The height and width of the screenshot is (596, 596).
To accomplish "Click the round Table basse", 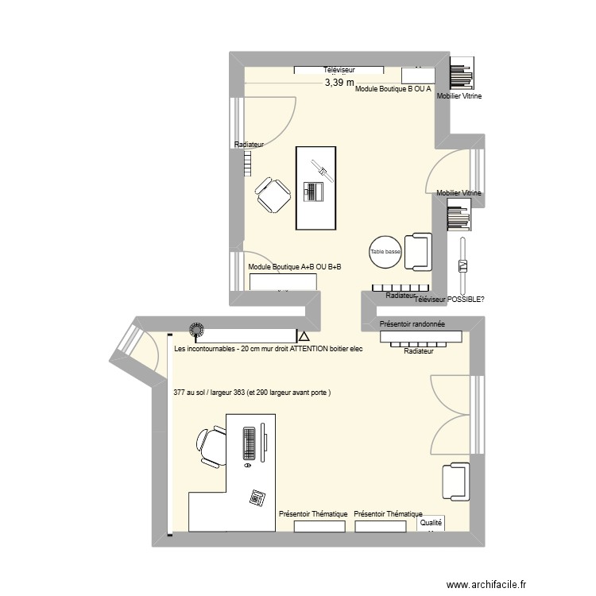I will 385,252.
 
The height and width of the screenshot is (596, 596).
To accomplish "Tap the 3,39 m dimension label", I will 338,82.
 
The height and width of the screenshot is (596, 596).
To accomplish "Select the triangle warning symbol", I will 302,338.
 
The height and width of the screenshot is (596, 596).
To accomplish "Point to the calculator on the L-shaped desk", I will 257,497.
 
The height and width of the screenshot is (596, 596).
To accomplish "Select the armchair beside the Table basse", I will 418,252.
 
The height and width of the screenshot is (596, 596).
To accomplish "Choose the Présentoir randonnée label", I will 412,324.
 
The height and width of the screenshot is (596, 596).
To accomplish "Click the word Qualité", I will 431,523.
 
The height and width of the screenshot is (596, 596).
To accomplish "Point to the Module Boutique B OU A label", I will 393,89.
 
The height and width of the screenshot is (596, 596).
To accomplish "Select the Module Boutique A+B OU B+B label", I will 294,267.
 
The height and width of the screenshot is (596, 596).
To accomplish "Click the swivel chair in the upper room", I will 273,195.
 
